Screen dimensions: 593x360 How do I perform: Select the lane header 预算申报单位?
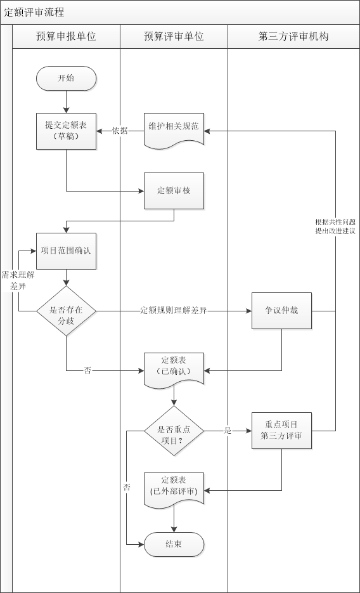point(66,36)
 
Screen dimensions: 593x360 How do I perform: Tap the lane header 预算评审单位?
point(174,36)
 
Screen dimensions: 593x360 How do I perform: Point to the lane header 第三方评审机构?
point(293,36)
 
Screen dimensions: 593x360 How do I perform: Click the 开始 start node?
point(66,79)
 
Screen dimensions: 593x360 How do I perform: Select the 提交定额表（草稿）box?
point(66,131)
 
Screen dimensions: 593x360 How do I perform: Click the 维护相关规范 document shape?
point(174,127)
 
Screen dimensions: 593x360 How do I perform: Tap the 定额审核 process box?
point(174,190)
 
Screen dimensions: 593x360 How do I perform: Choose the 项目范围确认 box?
point(66,251)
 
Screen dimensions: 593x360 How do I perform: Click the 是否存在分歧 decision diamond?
point(66,311)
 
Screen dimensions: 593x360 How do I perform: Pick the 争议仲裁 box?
point(281,311)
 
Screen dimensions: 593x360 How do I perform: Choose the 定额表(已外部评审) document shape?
point(174,487)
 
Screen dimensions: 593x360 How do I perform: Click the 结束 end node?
point(174,544)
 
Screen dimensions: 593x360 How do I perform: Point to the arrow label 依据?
point(120,131)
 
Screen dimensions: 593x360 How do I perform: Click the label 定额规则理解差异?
point(174,311)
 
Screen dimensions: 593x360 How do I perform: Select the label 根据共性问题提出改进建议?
point(335,226)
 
